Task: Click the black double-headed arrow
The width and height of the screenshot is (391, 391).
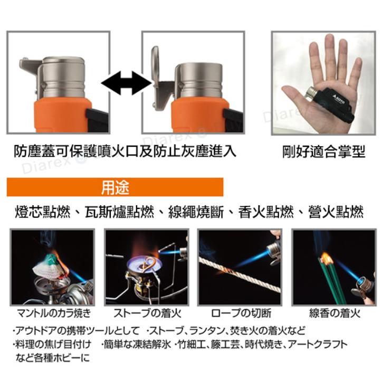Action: tap(126, 83)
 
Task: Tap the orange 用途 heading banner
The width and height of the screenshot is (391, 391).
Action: tap(115, 187)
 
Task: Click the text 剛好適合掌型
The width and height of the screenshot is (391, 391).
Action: tap(323, 152)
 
